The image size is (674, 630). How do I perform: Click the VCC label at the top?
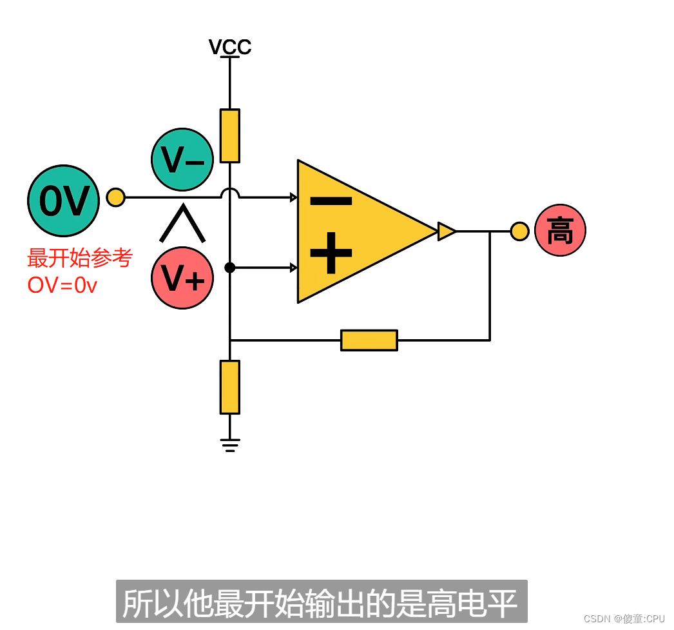pyautogui.click(x=229, y=46)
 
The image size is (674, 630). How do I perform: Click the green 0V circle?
pyautogui.click(x=63, y=201)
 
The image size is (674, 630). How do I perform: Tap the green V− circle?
pyautogui.click(x=182, y=159)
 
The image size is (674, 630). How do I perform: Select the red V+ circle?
pyautogui.click(x=182, y=278)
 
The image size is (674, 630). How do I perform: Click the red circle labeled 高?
pyautogui.click(x=560, y=230)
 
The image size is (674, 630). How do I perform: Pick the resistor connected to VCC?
pyautogui.click(x=230, y=135)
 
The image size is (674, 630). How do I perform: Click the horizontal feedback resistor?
pyautogui.click(x=369, y=340)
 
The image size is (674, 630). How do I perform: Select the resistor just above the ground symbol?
pyautogui.click(x=230, y=387)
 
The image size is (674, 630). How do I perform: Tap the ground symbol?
pyautogui.click(x=230, y=444)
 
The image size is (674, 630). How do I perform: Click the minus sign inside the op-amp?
pyautogui.click(x=331, y=201)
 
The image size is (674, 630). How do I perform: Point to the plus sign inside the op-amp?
pyautogui.click(x=331, y=253)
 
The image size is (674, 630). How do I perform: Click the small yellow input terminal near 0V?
pyautogui.click(x=115, y=197)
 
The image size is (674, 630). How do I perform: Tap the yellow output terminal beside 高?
pyautogui.click(x=519, y=231)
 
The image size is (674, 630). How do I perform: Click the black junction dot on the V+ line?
pyautogui.click(x=230, y=268)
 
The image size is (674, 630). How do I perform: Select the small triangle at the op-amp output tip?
pyautogui.click(x=446, y=231)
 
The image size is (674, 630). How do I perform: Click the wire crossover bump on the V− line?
pyautogui.click(x=230, y=192)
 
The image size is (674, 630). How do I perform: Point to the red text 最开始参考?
pyautogui.click(x=80, y=258)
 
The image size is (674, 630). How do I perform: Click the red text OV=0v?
pyautogui.click(x=62, y=284)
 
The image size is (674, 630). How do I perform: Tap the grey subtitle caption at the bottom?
pyautogui.click(x=321, y=602)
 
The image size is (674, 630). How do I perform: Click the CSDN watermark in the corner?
pyautogui.click(x=624, y=618)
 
